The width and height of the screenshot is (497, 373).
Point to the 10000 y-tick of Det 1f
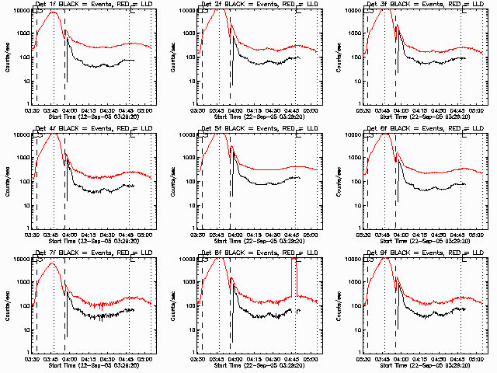[x=18, y=11]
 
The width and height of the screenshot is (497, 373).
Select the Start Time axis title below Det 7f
[x=93, y=364]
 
